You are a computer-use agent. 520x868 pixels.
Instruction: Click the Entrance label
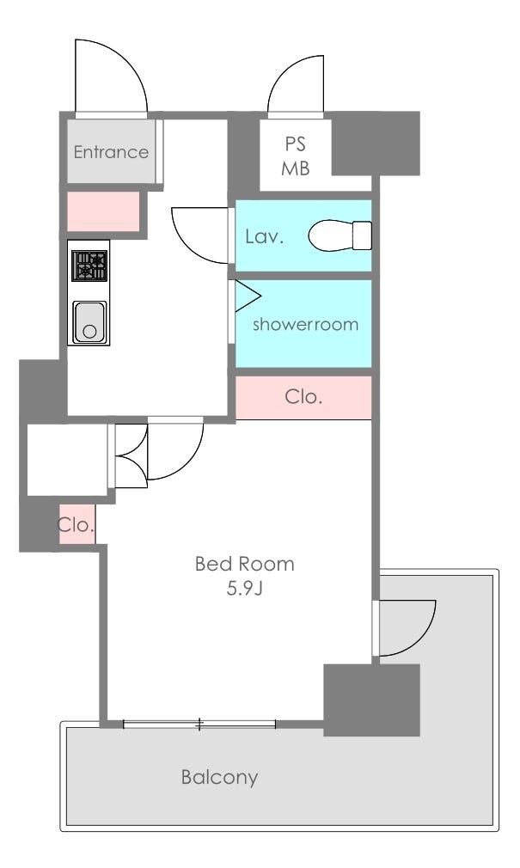click(111, 151)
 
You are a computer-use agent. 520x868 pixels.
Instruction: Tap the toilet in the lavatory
click(340, 235)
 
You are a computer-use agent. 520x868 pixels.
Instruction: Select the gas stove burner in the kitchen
click(89, 266)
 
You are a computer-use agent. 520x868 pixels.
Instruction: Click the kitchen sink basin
click(89, 321)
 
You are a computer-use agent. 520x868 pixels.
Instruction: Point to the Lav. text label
click(264, 237)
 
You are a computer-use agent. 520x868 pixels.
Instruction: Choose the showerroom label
click(305, 324)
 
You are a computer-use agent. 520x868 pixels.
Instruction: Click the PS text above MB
click(295, 144)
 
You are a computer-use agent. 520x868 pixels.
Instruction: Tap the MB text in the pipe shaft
click(295, 168)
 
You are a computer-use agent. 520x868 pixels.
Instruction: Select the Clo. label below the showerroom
click(303, 396)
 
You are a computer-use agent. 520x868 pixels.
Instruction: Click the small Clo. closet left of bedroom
click(76, 524)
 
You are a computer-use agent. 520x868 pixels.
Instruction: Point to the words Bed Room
click(244, 564)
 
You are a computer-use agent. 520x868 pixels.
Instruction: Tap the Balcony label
click(219, 777)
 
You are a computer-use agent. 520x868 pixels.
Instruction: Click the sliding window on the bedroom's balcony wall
click(199, 723)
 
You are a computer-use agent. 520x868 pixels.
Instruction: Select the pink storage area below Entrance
click(103, 211)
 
